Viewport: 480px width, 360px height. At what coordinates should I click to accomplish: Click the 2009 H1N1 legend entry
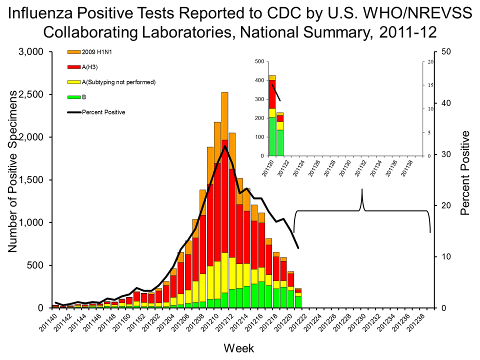[x=92, y=51]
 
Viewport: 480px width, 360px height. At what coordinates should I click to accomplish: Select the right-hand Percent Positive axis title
[x=465, y=172]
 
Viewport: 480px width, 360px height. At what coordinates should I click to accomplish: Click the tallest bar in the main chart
[x=224, y=200]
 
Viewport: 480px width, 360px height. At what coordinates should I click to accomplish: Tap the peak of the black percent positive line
[x=225, y=146]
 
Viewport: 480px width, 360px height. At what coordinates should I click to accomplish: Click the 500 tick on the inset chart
[x=258, y=61]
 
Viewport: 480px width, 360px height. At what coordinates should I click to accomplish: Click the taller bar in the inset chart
[x=272, y=115]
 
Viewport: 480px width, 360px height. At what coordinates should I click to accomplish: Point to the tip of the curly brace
[x=362, y=189]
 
